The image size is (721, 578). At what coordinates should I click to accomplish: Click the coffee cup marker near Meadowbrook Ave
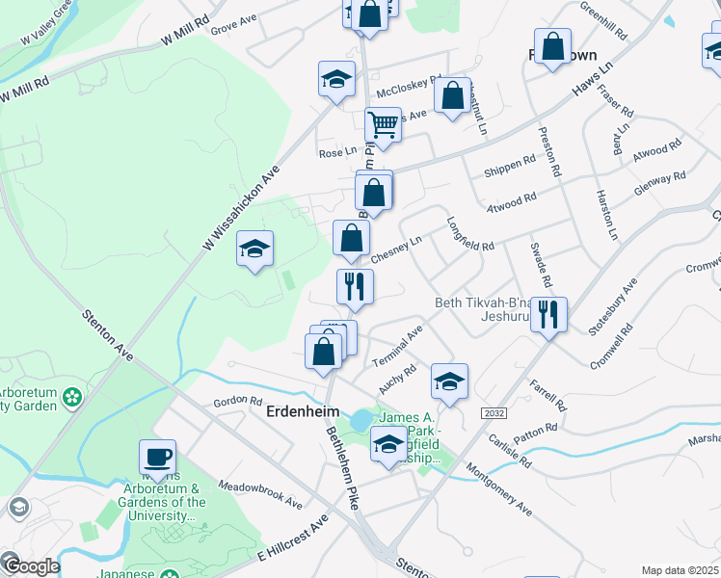[157, 458]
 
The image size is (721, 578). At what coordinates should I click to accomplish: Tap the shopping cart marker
[383, 125]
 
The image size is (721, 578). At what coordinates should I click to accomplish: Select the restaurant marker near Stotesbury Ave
[548, 315]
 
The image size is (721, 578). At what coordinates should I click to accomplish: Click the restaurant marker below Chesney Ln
[355, 287]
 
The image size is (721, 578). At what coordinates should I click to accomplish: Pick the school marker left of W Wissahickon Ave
[255, 250]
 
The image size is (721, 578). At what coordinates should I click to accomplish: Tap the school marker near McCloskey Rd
[336, 80]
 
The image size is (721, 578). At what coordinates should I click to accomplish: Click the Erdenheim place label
[299, 409]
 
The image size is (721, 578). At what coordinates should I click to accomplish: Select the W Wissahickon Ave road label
[240, 206]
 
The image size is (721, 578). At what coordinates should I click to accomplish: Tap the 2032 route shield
[495, 413]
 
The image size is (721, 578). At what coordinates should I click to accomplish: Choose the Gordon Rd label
[237, 401]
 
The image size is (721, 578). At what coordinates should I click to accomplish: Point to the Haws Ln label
[592, 81]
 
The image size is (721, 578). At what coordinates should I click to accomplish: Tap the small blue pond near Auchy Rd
[360, 421]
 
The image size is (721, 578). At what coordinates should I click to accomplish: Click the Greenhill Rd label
[603, 19]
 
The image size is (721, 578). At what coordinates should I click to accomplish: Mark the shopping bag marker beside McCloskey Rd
[452, 97]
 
